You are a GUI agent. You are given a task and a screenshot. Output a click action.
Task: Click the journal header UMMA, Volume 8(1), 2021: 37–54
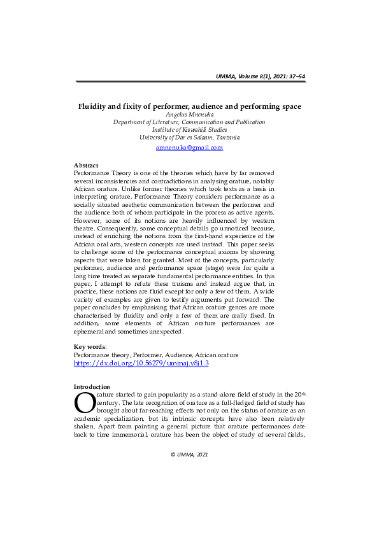(x=261, y=76)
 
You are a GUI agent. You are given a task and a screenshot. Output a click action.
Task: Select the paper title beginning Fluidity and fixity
(x=189, y=106)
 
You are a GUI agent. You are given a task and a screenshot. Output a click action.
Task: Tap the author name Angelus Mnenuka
(x=189, y=115)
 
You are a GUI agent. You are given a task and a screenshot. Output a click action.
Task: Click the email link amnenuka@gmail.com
(x=189, y=148)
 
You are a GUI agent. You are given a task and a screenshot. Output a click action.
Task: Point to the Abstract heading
(x=86, y=165)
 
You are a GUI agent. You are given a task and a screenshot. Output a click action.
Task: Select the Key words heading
(x=90, y=346)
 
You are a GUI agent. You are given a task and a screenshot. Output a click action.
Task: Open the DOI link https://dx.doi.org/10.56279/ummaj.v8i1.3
(x=141, y=363)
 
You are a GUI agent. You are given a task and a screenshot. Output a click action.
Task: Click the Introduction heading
(x=92, y=387)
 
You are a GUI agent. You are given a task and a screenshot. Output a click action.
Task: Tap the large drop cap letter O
(x=85, y=402)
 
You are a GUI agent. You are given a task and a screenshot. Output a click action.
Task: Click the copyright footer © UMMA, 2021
(x=189, y=455)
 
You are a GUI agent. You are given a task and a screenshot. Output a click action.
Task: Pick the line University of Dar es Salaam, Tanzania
(x=189, y=137)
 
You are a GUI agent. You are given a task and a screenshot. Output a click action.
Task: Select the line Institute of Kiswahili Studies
(x=189, y=129)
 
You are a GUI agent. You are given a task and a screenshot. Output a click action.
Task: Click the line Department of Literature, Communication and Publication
(x=189, y=122)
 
